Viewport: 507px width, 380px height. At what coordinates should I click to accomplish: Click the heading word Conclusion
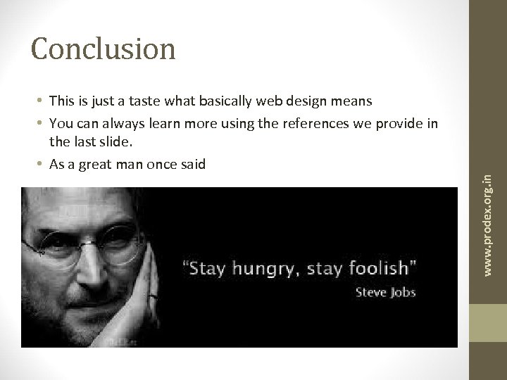click(x=104, y=48)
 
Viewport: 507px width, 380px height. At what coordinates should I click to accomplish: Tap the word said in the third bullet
click(x=192, y=165)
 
